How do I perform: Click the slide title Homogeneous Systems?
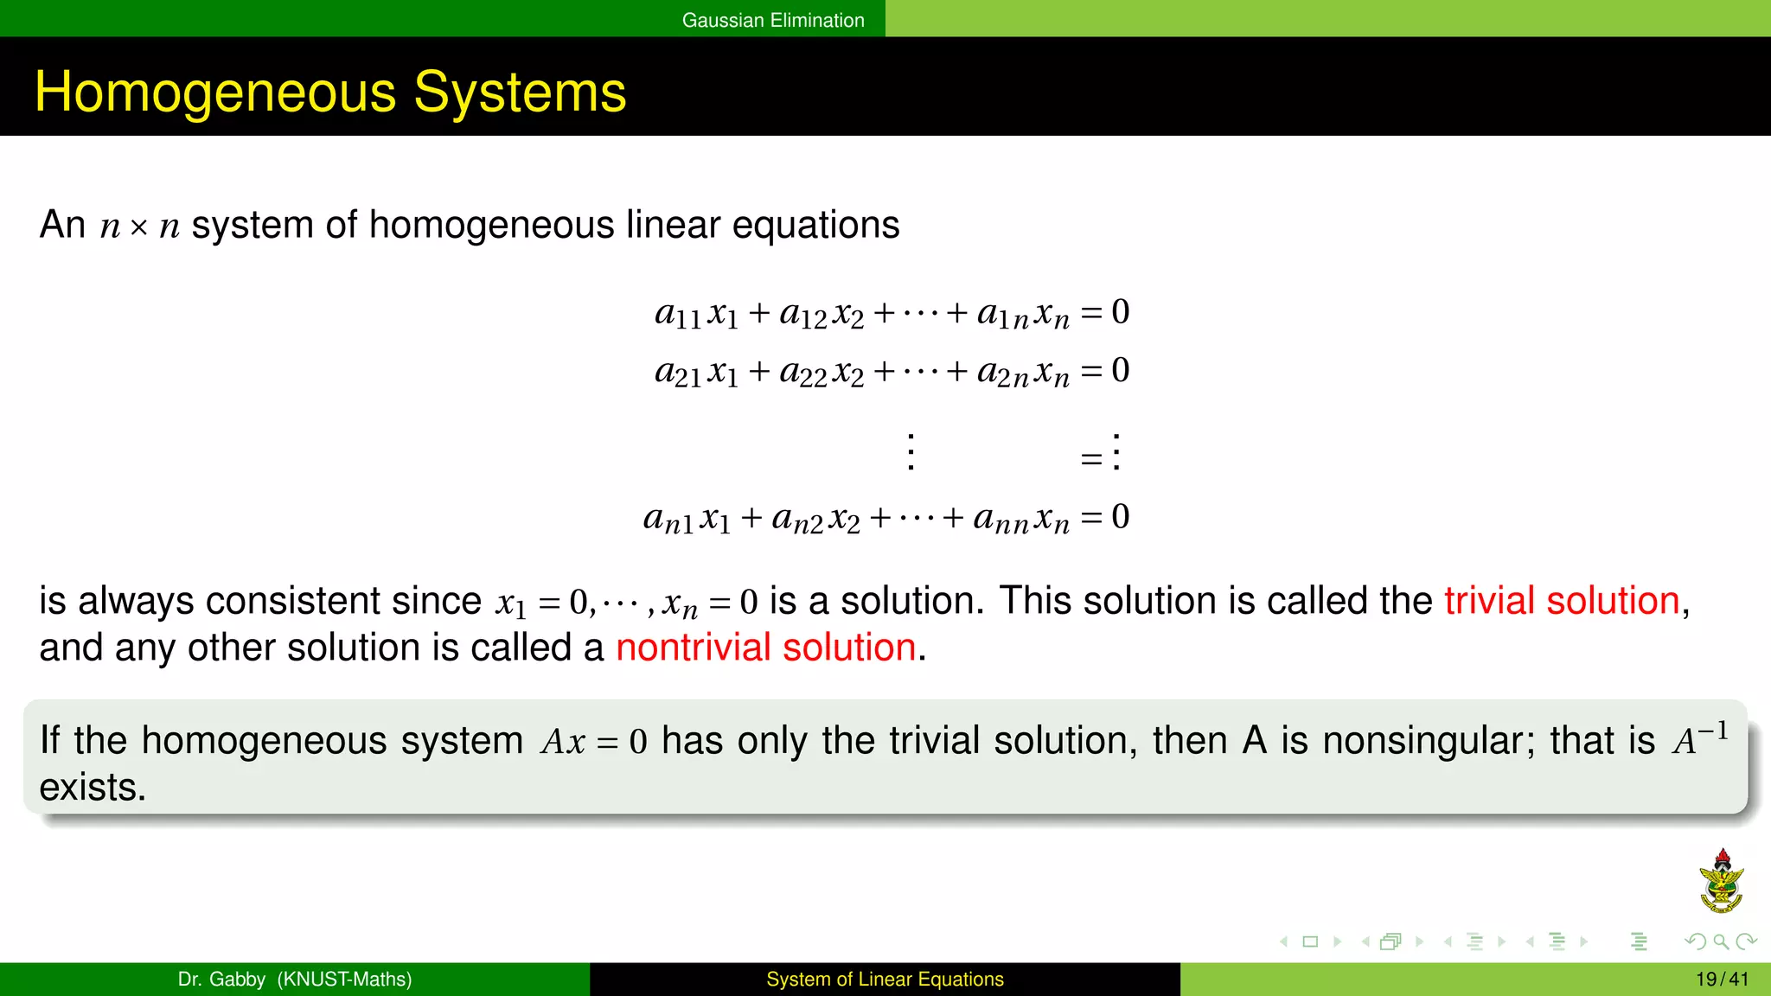click(x=330, y=92)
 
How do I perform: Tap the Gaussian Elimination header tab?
click(x=772, y=20)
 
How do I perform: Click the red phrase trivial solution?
click(x=1562, y=601)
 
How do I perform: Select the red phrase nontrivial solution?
click(x=765, y=648)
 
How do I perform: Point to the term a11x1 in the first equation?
click(x=696, y=314)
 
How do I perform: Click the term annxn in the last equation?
click(x=1020, y=519)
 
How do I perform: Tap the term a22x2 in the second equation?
click(x=821, y=373)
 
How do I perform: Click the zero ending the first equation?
click(x=1120, y=312)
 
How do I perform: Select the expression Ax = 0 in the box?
click(x=594, y=742)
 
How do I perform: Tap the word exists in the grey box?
click(x=93, y=788)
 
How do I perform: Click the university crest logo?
click(x=1721, y=882)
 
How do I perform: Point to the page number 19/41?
click(x=1722, y=980)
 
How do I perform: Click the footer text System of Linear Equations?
click(x=885, y=980)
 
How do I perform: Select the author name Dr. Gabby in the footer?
click(x=221, y=980)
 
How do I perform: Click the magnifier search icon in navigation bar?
click(x=1721, y=942)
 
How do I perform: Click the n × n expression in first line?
click(x=139, y=227)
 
